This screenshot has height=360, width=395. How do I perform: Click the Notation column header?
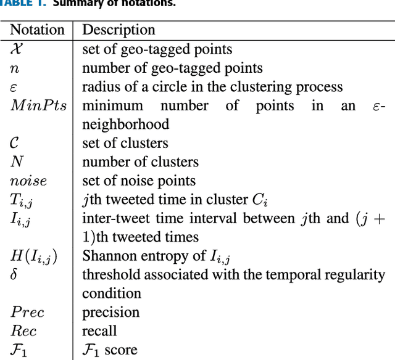37,30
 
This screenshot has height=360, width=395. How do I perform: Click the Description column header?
118,30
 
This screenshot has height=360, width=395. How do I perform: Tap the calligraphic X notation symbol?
17,49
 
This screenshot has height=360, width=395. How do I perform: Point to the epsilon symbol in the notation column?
14,87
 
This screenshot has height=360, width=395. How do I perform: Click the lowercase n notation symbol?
15,68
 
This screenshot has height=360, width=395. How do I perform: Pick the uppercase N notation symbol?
17,162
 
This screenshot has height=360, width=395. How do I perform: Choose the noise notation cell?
28,181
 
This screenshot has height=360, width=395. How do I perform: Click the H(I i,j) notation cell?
34,256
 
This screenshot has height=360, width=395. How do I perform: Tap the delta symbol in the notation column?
14,274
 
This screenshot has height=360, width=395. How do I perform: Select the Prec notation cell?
27,313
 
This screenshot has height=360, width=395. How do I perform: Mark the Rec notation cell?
24,332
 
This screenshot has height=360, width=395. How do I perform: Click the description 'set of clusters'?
125,143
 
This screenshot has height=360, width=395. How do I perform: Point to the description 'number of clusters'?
140,162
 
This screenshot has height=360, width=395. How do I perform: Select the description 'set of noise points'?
139,181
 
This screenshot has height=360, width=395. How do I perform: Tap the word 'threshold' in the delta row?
109,275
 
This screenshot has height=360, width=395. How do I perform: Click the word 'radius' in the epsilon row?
100,87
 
